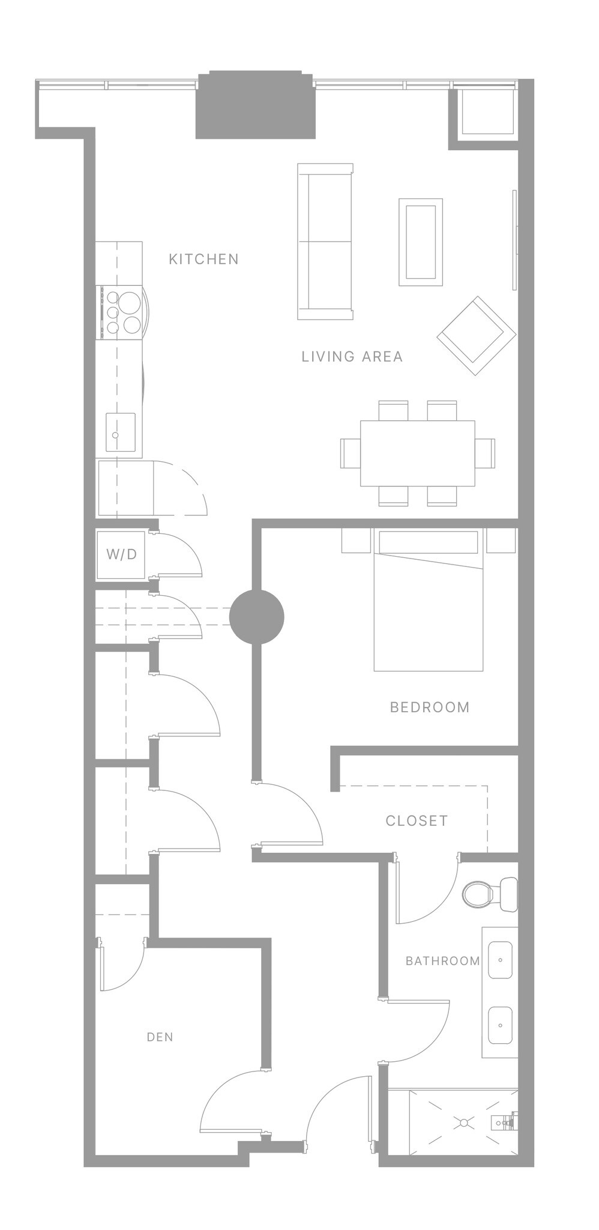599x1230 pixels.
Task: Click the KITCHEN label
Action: pyautogui.click(x=203, y=259)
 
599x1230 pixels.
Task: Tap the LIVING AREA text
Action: pyautogui.click(x=352, y=356)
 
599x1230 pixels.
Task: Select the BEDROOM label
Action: pyautogui.click(x=430, y=707)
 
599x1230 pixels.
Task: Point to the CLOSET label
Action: pyautogui.click(x=417, y=820)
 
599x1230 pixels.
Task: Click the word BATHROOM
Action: pyautogui.click(x=442, y=961)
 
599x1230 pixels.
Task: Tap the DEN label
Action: pyautogui.click(x=160, y=1037)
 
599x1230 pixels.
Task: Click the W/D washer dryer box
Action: pyautogui.click(x=121, y=554)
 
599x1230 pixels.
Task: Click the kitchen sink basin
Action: pyautogui.click(x=120, y=432)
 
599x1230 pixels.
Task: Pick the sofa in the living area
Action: pyautogui.click(x=325, y=241)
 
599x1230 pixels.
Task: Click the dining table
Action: pyautogui.click(x=417, y=453)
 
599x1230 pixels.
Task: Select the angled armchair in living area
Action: pyautogui.click(x=476, y=335)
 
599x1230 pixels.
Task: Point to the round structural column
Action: pyautogui.click(x=257, y=617)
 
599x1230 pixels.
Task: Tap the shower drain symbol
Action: pyautogui.click(x=463, y=1122)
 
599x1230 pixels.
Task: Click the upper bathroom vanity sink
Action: pyautogui.click(x=499, y=960)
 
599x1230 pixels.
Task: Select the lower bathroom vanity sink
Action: pyautogui.click(x=499, y=1025)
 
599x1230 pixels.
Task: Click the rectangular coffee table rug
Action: pyautogui.click(x=420, y=242)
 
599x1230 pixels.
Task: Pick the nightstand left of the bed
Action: pyautogui.click(x=356, y=540)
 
